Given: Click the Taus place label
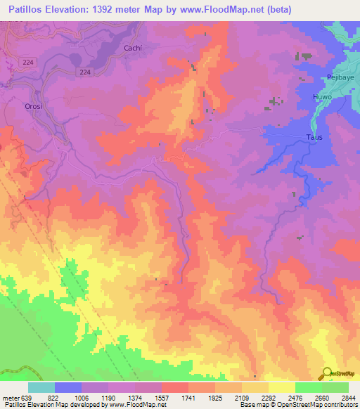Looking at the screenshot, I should (316, 137).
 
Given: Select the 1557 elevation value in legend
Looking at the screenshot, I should (162, 398).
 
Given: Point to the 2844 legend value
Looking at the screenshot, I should (349, 398).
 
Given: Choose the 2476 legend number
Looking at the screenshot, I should (295, 398).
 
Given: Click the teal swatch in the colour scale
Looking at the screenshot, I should (41, 387).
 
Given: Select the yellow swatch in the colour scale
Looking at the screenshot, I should (281, 387).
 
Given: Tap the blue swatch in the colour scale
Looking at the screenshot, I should (68, 387).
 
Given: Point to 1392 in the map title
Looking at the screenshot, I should (111, 9).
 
